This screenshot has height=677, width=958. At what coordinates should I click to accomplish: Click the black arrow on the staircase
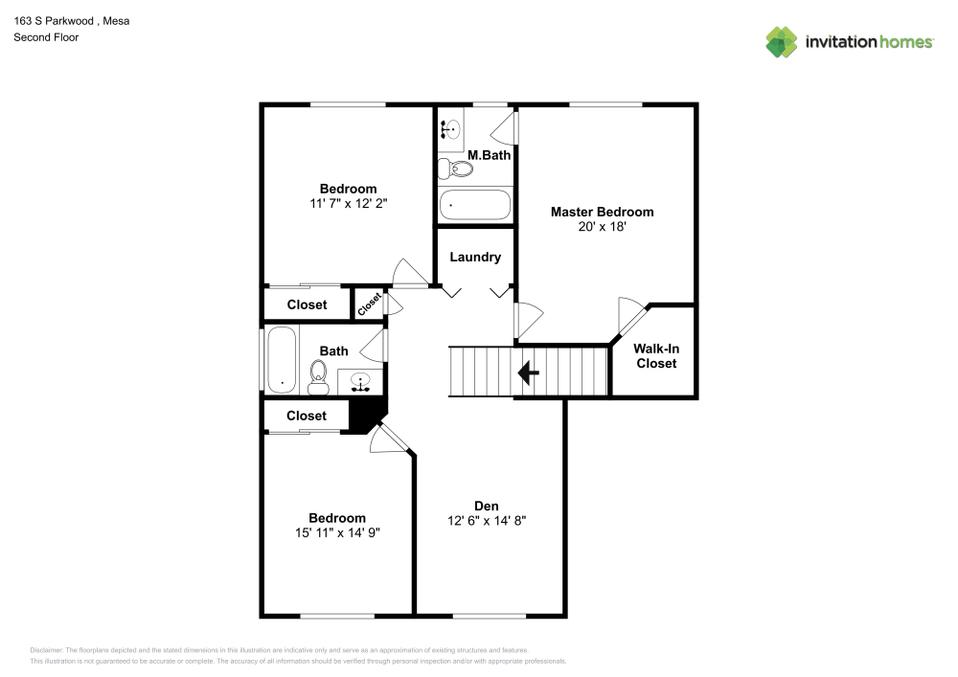(527, 372)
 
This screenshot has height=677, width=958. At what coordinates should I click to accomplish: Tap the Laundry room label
(475, 257)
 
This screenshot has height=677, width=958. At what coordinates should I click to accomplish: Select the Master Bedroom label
(602, 212)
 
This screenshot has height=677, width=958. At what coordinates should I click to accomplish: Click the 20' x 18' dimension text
(602, 227)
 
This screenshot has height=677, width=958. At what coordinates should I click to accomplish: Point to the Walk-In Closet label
(655, 356)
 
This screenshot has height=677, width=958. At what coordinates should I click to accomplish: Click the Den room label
(487, 506)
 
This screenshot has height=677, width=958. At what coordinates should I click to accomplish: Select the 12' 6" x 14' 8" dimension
(487, 521)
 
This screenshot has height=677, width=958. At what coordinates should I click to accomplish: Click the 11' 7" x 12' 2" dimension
(348, 203)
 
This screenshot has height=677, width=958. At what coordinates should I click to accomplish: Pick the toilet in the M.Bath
(455, 169)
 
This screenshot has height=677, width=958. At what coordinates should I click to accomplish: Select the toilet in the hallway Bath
(320, 377)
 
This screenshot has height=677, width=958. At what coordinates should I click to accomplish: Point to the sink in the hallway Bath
(362, 382)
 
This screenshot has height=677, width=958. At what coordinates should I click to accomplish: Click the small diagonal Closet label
(369, 304)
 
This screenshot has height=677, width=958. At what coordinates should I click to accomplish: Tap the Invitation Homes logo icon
(782, 42)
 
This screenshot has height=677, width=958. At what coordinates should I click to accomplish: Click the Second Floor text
(46, 37)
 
